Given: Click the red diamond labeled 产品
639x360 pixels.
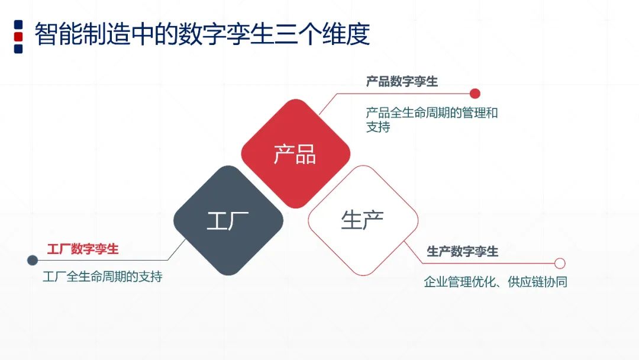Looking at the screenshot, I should click(x=295, y=153).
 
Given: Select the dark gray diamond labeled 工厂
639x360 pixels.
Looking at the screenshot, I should click(x=228, y=220).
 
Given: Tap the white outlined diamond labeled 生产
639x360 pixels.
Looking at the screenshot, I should click(x=362, y=220).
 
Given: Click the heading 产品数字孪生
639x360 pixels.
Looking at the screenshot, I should click(x=402, y=82).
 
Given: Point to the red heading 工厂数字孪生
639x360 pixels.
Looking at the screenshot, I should click(x=83, y=249).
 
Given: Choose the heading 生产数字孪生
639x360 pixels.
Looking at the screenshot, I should click(x=463, y=252).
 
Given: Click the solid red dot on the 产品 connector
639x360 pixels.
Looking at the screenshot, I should click(x=475, y=94).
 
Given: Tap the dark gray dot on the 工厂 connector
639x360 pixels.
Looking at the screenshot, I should click(x=33, y=261).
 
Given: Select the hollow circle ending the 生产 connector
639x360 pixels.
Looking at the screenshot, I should click(x=560, y=263).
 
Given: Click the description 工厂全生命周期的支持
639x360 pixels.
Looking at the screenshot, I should click(x=102, y=277).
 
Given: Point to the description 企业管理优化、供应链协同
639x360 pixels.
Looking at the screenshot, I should click(x=496, y=282).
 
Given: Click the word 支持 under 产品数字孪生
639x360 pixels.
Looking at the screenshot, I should click(x=378, y=127).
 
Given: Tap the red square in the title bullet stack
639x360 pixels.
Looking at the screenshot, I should click(x=18, y=36).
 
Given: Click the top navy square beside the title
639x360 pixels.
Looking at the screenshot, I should click(x=18, y=24).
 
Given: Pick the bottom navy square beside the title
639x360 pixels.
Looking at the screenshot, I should click(x=18, y=49).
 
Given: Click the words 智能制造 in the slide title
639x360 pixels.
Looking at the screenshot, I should click(x=70, y=34).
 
